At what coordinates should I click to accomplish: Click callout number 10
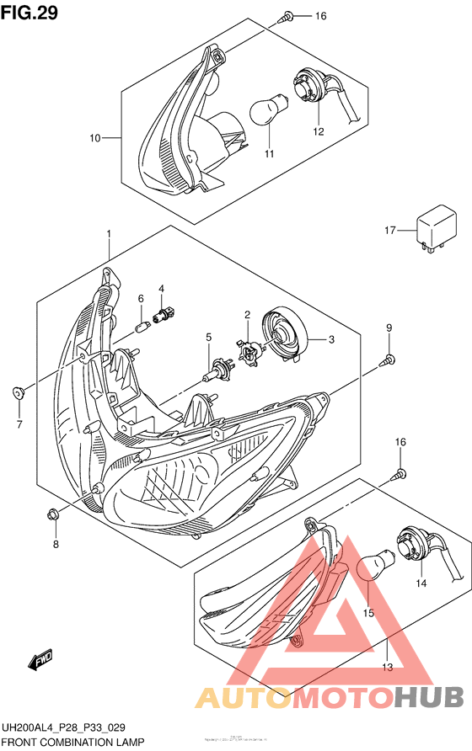(95, 137)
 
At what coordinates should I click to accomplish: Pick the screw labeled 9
(389, 360)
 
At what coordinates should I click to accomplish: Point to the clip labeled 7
(18, 392)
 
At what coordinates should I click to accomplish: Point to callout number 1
(109, 232)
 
